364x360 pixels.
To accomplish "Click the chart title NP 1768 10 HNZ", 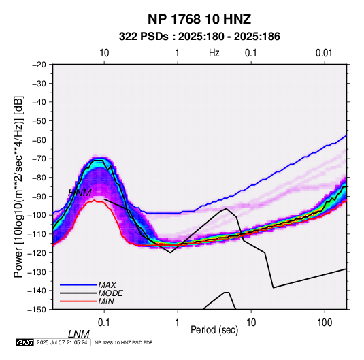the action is pyautogui.click(x=199, y=19).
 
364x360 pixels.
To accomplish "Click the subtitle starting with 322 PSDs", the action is pyautogui.click(x=199, y=37).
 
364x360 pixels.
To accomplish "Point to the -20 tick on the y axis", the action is pyautogui.click(x=39, y=65).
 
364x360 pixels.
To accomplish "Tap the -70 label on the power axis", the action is pyautogui.click(x=39, y=159).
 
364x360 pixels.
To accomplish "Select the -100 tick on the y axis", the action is pyautogui.click(x=37, y=215).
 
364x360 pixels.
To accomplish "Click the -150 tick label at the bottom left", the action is pyautogui.click(x=37, y=310).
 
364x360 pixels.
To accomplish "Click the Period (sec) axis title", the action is pyautogui.click(x=214, y=330).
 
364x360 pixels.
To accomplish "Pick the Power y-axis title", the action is pyautogui.click(x=18, y=186).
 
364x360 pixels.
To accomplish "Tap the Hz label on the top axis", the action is pyautogui.click(x=214, y=53).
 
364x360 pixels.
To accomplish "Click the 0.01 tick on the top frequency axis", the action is pyautogui.click(x=324, y=53).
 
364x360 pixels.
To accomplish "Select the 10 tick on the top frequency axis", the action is pyautogui.click(x=104, y=53).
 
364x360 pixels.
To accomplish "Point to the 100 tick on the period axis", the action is pyautogui.click(x=325, y=323).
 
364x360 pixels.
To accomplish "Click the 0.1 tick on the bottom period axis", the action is pyautogui.click(x=104, y=323).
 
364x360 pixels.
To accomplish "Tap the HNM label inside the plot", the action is pyautogui.click(x=80, y=193).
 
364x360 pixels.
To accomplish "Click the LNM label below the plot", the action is pyautogui.click(x=79, y=334).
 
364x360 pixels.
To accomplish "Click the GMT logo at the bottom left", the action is pyautogui.click(x=24, y=342).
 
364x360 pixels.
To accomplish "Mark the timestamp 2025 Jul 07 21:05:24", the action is pyautogui.click(x=62, y=342).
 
